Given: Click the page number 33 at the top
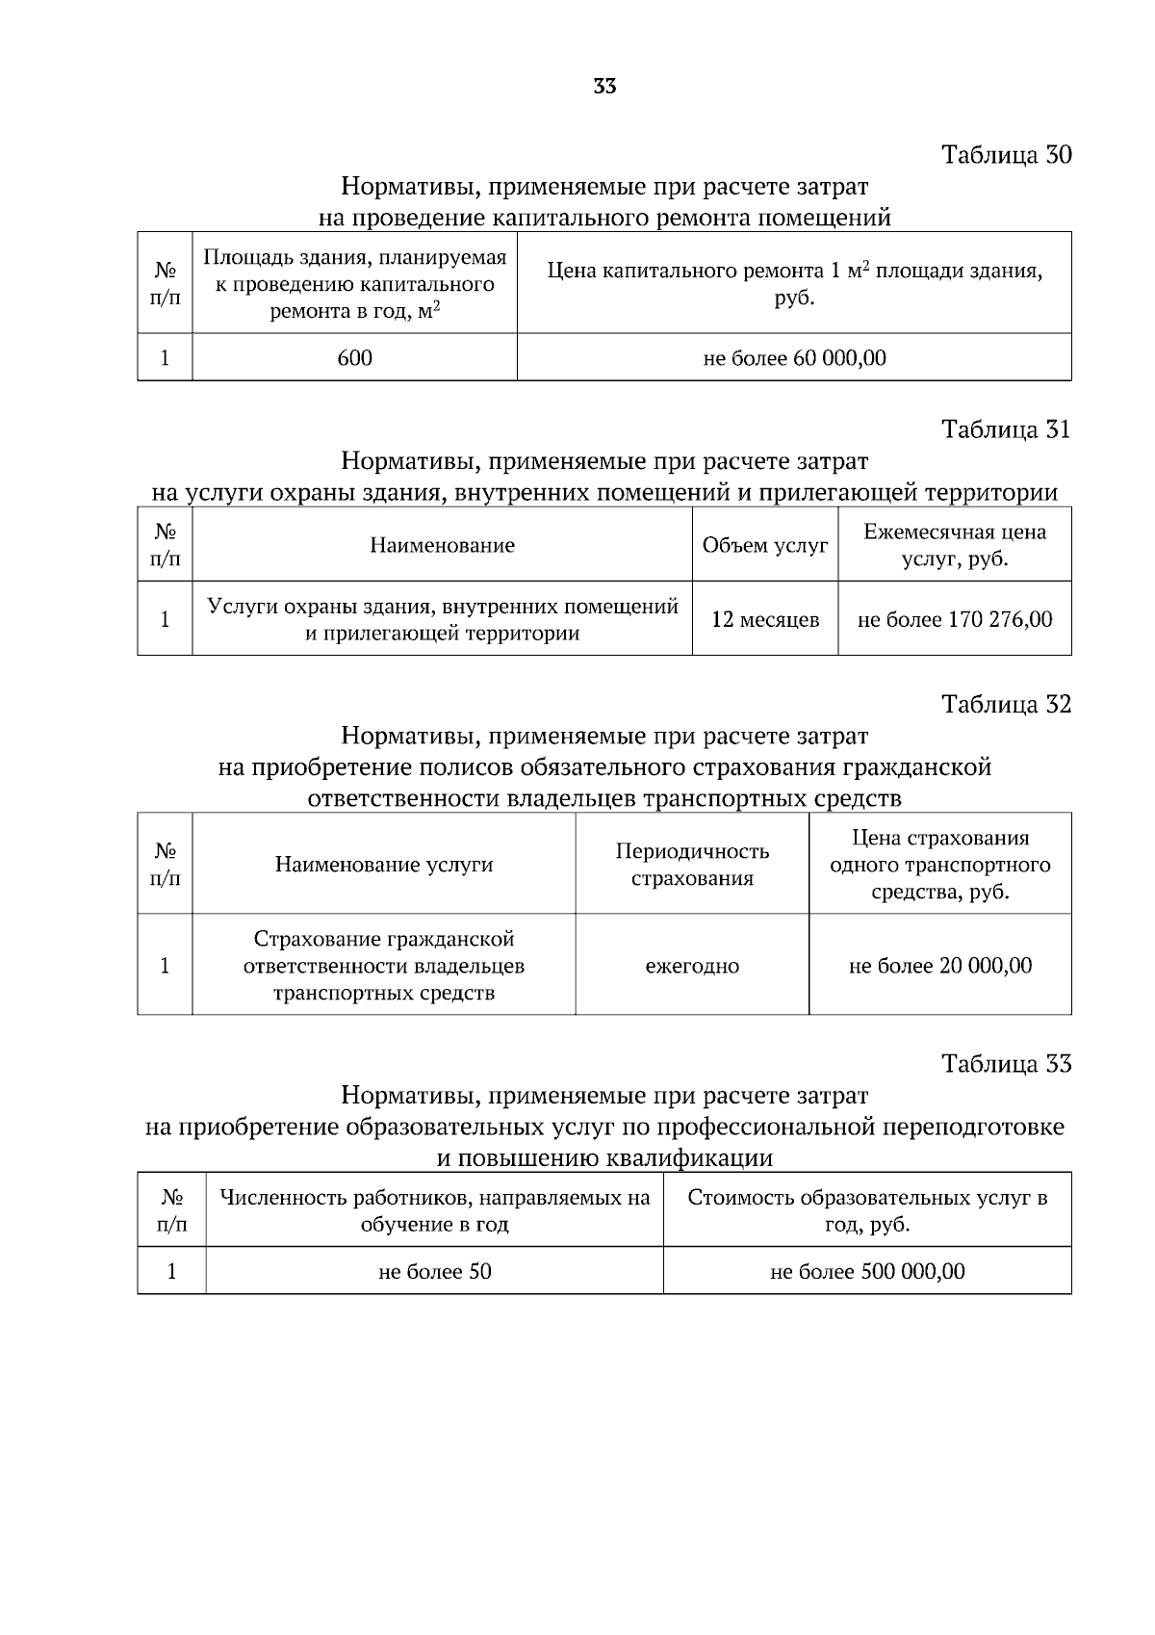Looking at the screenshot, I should point(604,87).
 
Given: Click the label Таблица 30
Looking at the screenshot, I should point(1006,155).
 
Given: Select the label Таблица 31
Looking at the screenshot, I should point(1006,429).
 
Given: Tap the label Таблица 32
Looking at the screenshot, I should point(1006,705).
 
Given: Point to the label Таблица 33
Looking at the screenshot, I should point(1006,1064).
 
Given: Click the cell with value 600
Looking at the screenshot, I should point(354,358).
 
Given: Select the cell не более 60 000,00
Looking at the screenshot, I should point(794,358).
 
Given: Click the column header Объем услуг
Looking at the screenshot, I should point(764,546).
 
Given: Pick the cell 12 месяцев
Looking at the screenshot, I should point(764,619).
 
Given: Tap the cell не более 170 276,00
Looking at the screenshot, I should point(954,619).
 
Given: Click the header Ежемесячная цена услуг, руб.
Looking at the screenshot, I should point(954,545).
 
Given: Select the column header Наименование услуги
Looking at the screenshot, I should point(383,865).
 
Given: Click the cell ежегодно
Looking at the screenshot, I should point(691,966).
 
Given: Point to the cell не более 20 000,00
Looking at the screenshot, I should point(939,966).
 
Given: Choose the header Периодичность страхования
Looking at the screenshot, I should point(691,865).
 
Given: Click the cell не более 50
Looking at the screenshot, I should point(434,1271).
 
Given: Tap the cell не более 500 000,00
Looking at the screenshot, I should point(866,1271).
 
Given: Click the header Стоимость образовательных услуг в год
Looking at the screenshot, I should point(866,1211).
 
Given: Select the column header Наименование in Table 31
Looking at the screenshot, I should point(442,546).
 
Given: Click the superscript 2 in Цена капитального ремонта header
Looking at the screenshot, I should point(865,265).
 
